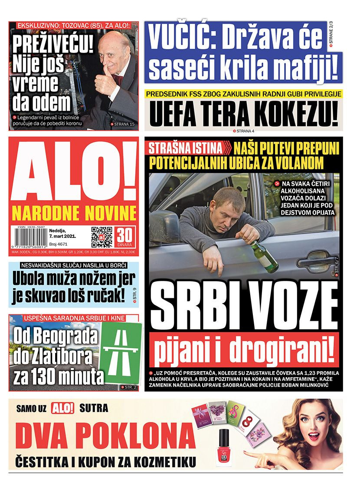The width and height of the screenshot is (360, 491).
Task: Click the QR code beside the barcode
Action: pos(102,237)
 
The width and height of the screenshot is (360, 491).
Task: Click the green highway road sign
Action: pos(123,353)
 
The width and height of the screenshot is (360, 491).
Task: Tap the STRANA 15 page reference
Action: pos(123,124)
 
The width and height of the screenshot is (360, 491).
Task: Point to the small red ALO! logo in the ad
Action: pos(63,408)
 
